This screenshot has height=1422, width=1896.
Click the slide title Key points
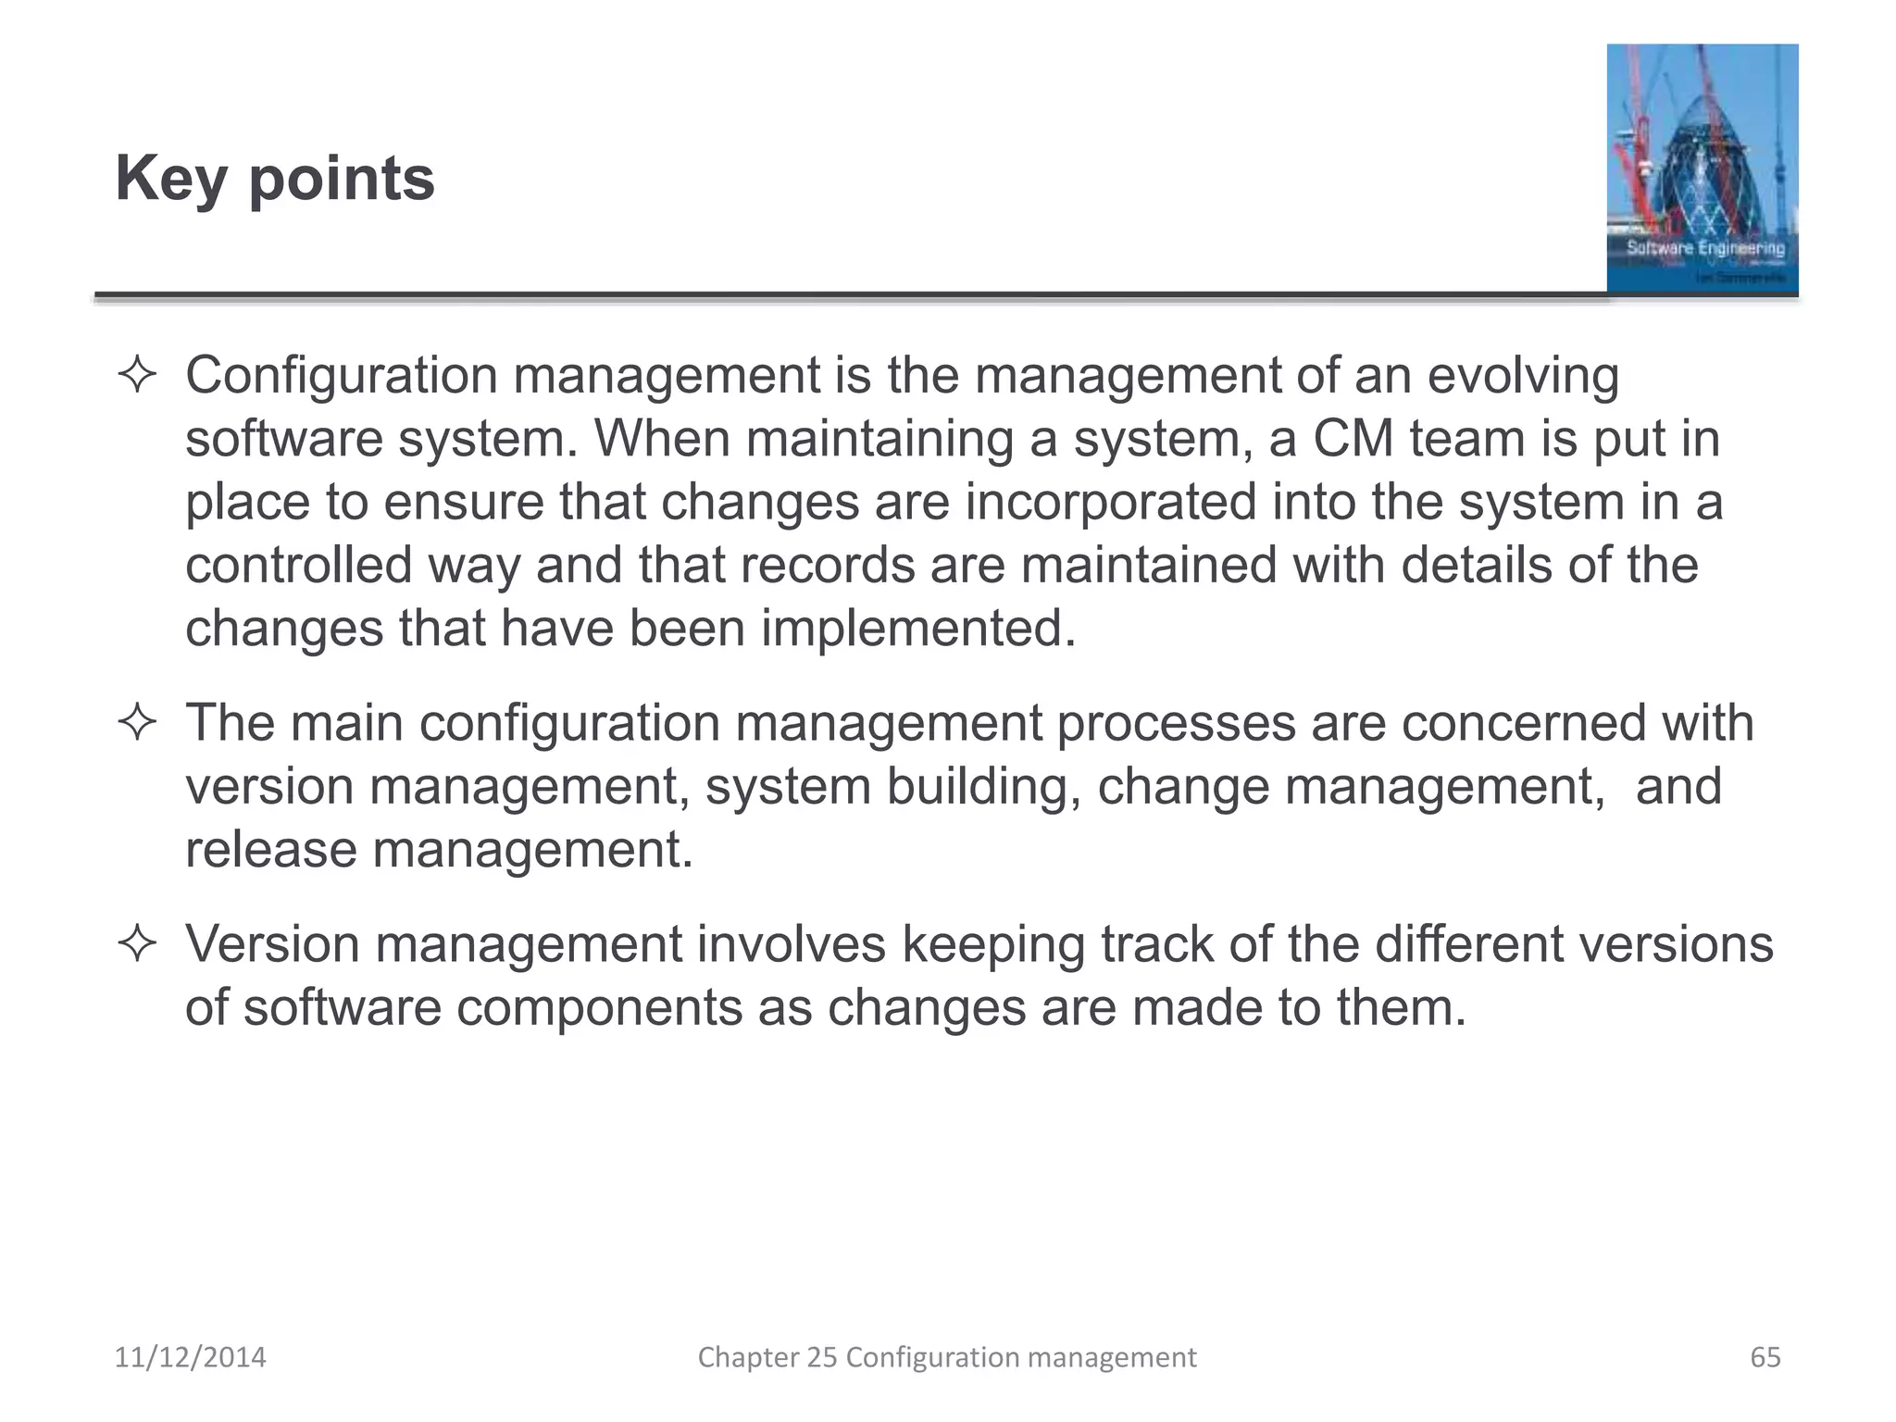[x=275, y=178]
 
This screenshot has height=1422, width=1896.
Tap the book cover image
[x=1702, y=168]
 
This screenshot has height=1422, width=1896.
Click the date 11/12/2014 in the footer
[x=190, y=1357]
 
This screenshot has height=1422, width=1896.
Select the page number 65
[x=1765, y=1357]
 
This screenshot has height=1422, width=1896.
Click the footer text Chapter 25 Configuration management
[x=946, y=1357]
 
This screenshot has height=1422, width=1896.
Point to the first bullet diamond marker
[x=137, y=376]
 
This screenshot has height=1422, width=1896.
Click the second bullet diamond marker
[x=137, y=723]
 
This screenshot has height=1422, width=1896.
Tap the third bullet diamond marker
[x=137, y=944]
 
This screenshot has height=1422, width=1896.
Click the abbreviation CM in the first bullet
[x=1353, y=439]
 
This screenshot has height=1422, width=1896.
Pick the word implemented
[x=918, y=629]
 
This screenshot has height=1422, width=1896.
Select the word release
[x=270, y=849]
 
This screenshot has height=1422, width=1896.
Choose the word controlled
[x=298, y=565]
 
